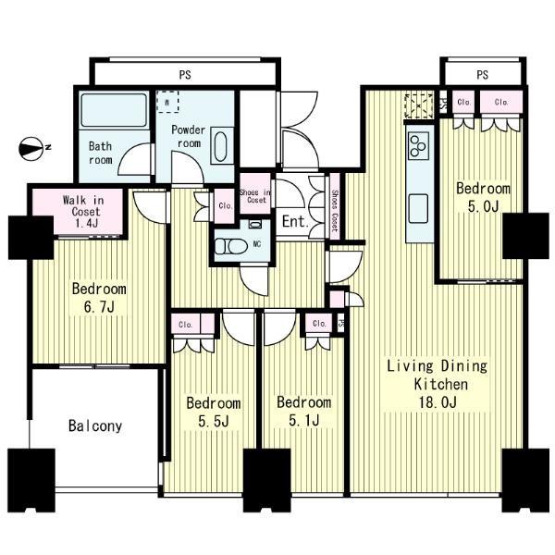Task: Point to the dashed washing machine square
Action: (168, 101)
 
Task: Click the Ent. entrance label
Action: (294, 222)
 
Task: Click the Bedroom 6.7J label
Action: (99, 297)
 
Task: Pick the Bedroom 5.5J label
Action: (213, 412)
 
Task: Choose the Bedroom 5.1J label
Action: (303, 412)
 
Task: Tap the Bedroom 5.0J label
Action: (483, 197)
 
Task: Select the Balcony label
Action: (94, 426)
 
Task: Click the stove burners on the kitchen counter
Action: (418, 145)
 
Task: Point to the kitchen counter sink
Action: (418, 204)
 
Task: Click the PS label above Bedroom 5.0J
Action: (482, 74)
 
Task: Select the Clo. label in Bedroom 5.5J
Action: (186, 324)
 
